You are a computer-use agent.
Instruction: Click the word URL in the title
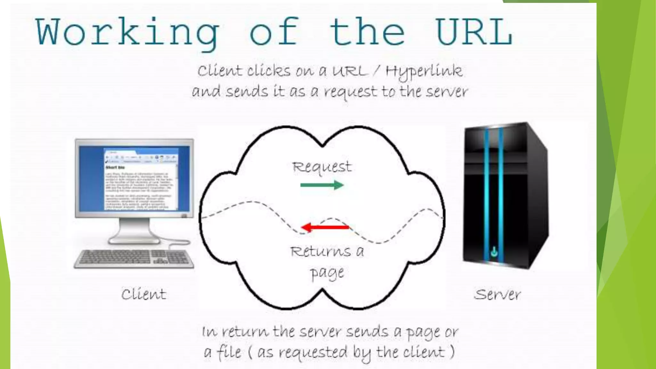coord(474,32)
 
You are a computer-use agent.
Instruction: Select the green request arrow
coord(322,185)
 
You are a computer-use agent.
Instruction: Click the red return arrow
coord(325,227)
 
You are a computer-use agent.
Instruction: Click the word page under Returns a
coord(327,273)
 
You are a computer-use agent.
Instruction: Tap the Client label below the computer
coord(144,294)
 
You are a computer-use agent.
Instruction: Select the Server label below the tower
coord(497,294)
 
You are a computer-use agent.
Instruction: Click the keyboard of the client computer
coord(134,258)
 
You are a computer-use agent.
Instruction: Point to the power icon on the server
coord(494,251)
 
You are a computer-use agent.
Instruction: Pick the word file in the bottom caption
coord(229,352)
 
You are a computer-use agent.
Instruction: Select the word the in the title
coord(367,32)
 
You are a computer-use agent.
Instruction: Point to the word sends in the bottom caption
coord(367,332)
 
